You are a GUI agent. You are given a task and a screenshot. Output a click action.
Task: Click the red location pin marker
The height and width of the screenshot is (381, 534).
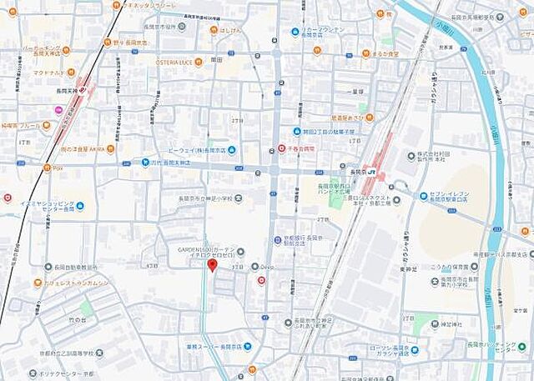tap(212, 266)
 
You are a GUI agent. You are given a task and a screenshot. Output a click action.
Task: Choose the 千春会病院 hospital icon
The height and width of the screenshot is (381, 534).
tap(281, 148)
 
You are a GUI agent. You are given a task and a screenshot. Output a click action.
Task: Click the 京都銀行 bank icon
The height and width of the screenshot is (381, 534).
tap(278, 240)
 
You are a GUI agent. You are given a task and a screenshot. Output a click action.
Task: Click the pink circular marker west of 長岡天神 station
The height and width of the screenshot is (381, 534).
tap(58, 110)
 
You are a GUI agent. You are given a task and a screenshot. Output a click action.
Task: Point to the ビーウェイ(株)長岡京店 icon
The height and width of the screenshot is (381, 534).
tap(231, 150)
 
